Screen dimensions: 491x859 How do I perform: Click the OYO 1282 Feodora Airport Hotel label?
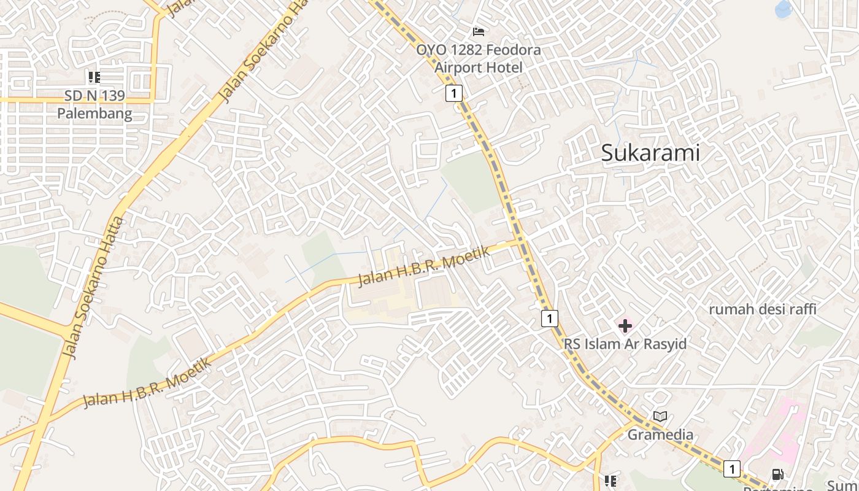[479, 58]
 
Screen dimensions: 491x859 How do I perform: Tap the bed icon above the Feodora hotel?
[479, 31]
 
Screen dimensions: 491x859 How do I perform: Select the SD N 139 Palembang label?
[94, 104]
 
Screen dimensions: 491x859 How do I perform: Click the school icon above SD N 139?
[94, 77]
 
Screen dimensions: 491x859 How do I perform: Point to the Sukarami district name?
[650, 153]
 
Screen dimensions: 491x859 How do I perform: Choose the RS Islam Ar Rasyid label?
[625, 344]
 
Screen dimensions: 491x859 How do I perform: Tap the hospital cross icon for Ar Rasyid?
[625, 326]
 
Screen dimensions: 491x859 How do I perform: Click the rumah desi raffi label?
[762, 309]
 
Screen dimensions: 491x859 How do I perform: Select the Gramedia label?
[660, 435]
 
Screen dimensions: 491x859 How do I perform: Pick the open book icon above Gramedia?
[660, 417]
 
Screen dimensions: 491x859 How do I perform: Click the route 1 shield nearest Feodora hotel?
[453, 93]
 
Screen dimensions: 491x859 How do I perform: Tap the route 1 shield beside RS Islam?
[550, 318]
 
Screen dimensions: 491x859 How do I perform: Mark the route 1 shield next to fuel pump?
[731, 468]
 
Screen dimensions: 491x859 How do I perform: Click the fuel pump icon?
[777, 474]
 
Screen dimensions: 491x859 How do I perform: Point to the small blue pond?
[784, 9]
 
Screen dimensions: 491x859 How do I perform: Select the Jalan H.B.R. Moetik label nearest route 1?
[423, 266]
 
